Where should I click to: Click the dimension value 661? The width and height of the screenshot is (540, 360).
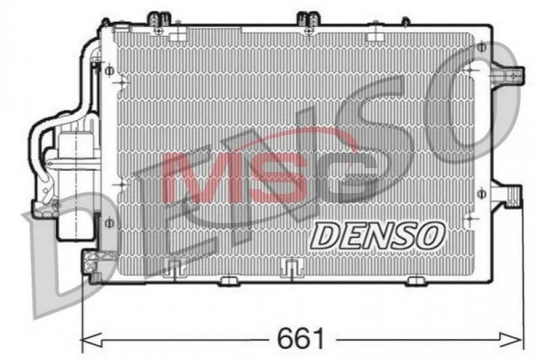301,338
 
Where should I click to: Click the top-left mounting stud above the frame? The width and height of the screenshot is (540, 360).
159,22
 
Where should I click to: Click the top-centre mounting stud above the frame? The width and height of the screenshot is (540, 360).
309,22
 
